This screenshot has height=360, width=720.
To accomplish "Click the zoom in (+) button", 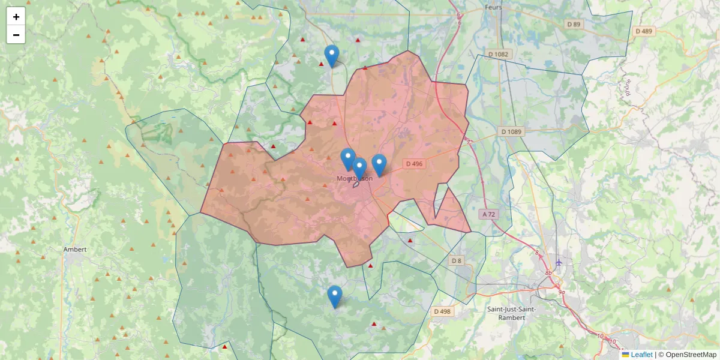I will pos(16,17).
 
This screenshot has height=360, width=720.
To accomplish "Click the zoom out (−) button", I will pos(16,35).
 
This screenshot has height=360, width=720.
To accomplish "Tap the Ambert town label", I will pos(75,249).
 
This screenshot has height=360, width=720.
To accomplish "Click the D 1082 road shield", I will pos(497,54).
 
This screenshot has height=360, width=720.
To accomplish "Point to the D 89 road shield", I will pos(574,24).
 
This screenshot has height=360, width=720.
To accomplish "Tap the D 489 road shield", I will pos(643,31).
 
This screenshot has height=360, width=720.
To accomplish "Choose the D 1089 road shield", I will pos(512,131).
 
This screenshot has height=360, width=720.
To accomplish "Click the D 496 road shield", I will pos(414,163).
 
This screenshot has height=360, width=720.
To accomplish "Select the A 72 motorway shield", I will pos(489,214).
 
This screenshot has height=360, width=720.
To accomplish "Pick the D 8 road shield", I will pos(457,260).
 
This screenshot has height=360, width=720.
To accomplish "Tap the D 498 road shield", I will pos(442,311).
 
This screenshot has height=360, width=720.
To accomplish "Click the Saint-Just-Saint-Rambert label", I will pos(512,313).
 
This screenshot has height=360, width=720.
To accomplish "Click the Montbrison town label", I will pos(355,178).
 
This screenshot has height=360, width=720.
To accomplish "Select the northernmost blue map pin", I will pos(331,56).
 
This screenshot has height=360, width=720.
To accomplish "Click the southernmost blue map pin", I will pos(335,296).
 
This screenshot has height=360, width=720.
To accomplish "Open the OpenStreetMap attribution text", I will pos(688,355).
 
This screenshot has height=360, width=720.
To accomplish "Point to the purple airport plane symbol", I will pos(559,262).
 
